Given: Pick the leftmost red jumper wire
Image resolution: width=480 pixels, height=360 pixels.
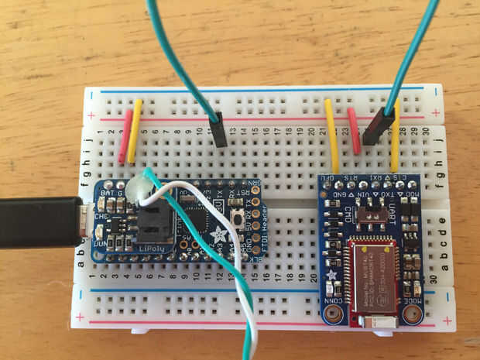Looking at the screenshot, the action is tap(124, 136).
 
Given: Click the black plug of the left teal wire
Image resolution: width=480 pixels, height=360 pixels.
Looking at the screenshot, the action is tap(220, 130).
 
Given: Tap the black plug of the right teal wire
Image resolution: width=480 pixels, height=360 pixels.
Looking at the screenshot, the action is tap(382, 126).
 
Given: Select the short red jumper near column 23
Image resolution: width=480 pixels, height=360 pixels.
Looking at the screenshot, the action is tap(354, 131).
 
